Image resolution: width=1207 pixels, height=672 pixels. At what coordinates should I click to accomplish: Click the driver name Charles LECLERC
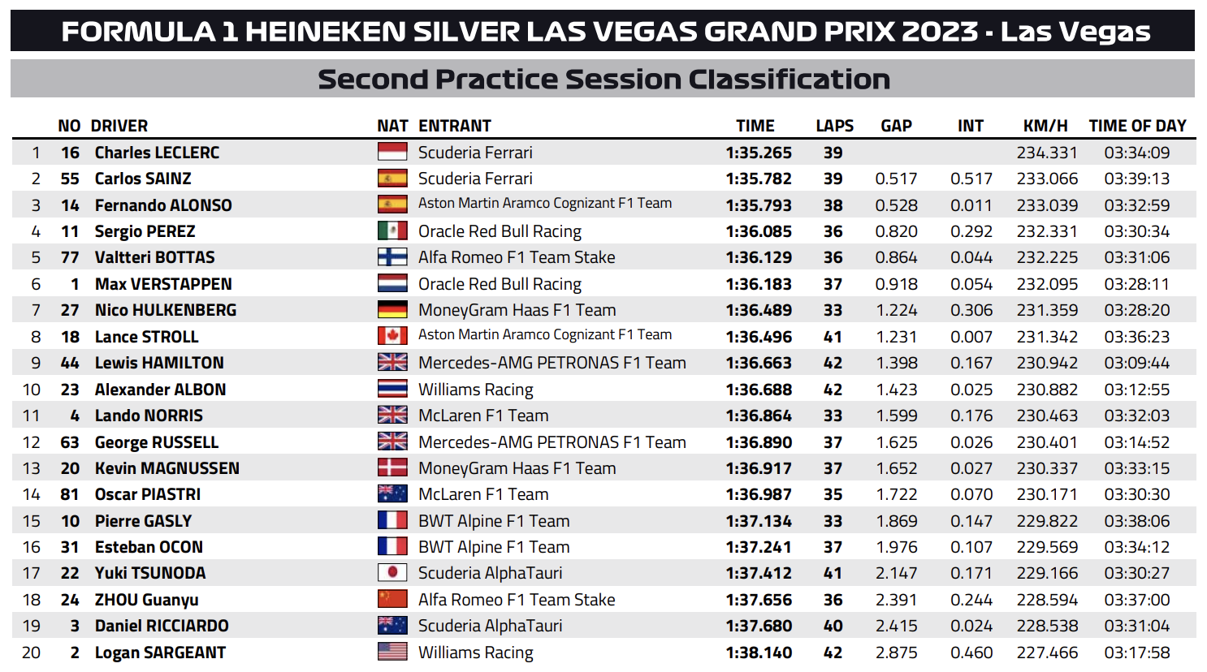point(157,153)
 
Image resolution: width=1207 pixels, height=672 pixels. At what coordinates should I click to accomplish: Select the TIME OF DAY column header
point(1137,126)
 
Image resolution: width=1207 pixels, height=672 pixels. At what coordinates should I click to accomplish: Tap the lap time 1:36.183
point(759,284)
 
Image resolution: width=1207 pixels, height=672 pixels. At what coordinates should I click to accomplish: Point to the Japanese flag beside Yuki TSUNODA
point(392,573)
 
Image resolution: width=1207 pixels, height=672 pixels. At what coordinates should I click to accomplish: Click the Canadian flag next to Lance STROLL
point(392,336)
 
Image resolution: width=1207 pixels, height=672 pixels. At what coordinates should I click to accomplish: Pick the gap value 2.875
point(896,653)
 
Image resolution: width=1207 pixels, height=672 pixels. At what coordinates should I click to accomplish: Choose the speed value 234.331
point(1047,153)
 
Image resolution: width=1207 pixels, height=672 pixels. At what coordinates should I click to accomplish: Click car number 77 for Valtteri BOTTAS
point(70,257)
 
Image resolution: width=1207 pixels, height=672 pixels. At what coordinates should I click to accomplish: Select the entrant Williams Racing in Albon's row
point(475,390)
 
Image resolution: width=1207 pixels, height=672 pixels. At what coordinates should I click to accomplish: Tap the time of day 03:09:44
point(1136,363)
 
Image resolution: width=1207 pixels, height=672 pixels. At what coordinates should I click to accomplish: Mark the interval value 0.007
point(971,337)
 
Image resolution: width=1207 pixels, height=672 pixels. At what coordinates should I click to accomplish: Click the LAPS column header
point(834,126)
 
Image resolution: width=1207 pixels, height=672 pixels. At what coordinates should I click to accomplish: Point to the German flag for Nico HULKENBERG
point(392,310)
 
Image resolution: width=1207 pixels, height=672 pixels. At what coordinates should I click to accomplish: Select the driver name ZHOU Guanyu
point(146,600)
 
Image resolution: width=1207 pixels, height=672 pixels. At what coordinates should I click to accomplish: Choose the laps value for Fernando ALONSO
point(833,205)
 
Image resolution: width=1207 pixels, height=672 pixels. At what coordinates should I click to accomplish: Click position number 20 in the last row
point(32,653)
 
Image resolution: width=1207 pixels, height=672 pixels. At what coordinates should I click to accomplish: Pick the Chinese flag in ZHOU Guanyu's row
point(392,600)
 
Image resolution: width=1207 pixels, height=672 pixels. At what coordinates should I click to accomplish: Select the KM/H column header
point(1045,126)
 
